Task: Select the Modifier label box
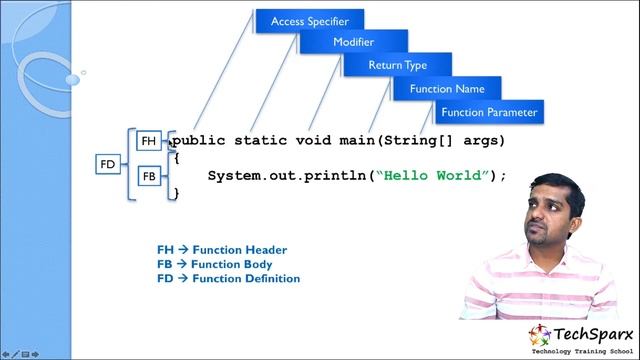point(353,42)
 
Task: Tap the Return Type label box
point(397,65)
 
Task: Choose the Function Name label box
point(446,89)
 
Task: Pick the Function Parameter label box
point(490,112)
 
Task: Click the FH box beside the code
point(149,142)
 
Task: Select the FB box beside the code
point(149,176)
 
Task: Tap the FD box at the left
point(108,163)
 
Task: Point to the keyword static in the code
point(259,141)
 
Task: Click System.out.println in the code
point(287,176)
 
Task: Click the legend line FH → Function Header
point(222,250)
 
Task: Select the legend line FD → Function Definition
point(228,279)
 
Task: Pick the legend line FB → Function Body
point(214,264)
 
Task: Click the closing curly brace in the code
point(176,193)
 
